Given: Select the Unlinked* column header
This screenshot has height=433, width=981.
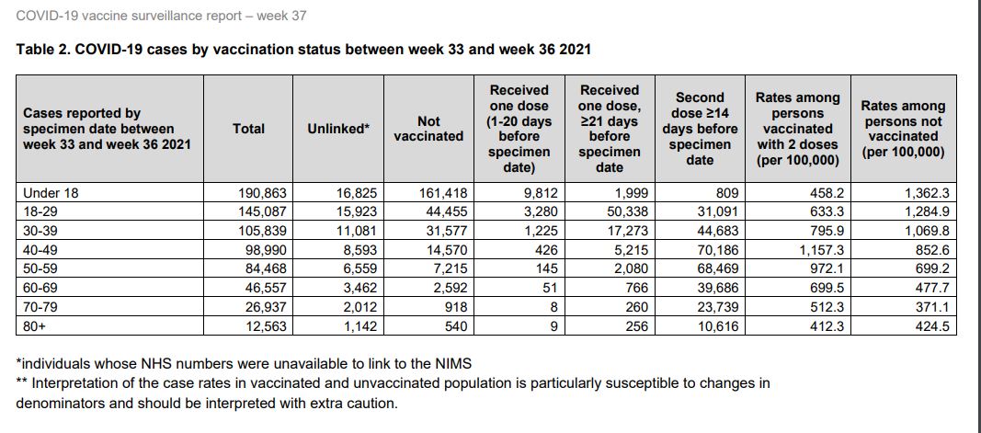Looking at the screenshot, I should coord(338,129).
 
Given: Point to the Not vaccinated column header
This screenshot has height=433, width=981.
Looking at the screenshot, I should coord(428,129).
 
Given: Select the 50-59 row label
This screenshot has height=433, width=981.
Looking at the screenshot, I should coord(42,268).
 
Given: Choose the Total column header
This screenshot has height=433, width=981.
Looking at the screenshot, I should coord(249,129).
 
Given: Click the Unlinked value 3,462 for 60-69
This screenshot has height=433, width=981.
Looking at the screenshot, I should coord(350,288).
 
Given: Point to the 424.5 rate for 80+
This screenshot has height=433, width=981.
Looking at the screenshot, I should coord(927,326).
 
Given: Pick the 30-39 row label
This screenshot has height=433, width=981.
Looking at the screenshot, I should coord(42,231).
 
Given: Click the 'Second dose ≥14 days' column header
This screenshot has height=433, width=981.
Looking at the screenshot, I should coord(700,129).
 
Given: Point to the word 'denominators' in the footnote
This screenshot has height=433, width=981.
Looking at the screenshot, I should coord(59,403).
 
